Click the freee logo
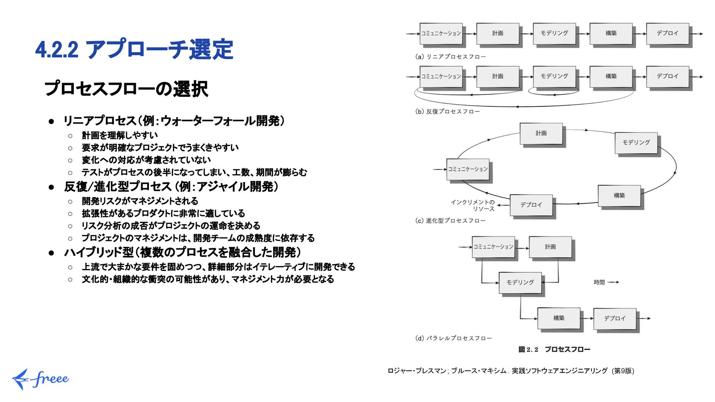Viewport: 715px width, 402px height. pyautogui.click(x=40, y=379)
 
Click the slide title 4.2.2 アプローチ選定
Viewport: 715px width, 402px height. pyautogui.click(x=134, y=49)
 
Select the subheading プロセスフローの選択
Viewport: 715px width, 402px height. pyautogui.click(x=126, y=89)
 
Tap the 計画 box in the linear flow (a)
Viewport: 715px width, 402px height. pyautogui.click(x=498, y=33)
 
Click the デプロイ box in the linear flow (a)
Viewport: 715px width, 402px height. pyautogui.click(x=667, y=33)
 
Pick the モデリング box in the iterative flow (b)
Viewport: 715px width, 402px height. pyautogui.click(x=554, y=76)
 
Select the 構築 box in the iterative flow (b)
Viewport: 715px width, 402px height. pyautogui.click(x=611, y=76)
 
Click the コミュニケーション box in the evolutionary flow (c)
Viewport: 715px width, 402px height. pyautogui.click(x=468, y=169)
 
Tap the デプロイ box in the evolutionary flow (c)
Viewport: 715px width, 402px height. pyautogui.click(x=531, y=205)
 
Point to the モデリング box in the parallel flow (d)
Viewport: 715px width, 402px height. pyautogui.click(x=520, y=283)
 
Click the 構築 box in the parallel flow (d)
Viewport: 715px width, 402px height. pyautogui.click(x=559, y=318)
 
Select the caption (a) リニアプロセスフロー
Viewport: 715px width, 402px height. pyautogui.click(x=450, y=57)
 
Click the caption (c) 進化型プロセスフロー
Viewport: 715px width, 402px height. pyautogui.click(x=450, y=221)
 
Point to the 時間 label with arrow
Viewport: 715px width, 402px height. pyautogui.click(x=606, y=282)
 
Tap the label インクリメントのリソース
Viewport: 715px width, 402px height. pyautogui.click(x=473, y=205)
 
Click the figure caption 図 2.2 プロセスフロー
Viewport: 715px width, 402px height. pyautogui.click(x=554, y=349)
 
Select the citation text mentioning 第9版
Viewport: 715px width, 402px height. pyautogui.click(x=511, y=371)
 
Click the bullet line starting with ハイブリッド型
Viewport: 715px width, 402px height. pyautogui.click(x=182, y=252)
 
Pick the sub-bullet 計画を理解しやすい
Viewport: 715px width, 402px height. pyautogui.click(x=120, y=135)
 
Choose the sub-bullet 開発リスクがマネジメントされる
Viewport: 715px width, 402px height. pyautogui.click(x=140, y=201)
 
